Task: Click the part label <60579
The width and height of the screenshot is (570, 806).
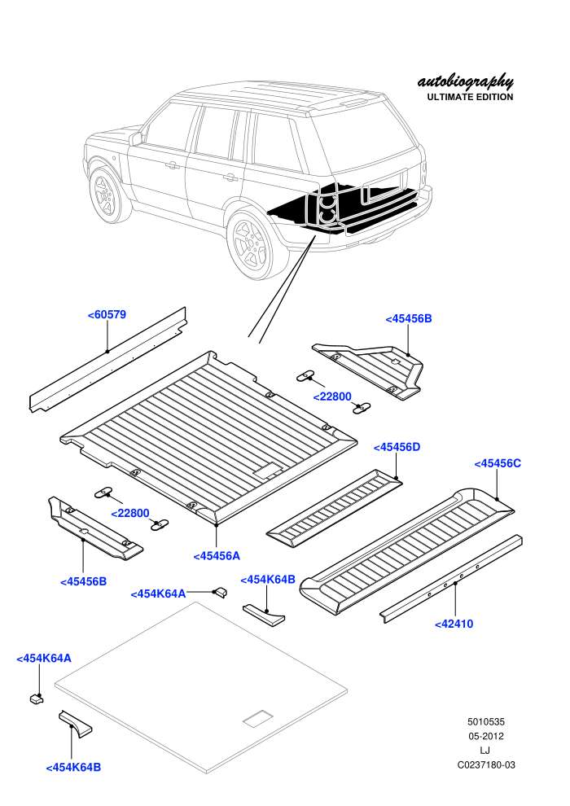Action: pos(107,314)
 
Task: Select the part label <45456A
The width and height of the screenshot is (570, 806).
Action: pos(217,556)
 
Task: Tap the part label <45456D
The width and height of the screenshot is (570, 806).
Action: pos(397,447)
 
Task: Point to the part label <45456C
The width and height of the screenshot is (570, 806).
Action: pos(498,464)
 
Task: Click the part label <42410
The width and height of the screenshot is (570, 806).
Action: pos(454,624)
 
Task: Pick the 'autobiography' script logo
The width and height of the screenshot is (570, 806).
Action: pos(465,81)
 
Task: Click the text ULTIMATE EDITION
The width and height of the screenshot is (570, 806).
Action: pos(470,97)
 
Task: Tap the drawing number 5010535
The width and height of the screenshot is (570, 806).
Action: pos(485,721)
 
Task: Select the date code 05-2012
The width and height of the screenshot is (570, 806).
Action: pos(485,736)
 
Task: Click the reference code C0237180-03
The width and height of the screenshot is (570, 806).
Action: pos(486,764)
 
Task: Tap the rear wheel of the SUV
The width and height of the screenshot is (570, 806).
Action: pos(251,245)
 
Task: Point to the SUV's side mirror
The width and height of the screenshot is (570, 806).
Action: pos(136,138)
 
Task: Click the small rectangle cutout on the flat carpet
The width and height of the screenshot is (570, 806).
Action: pos(258,718)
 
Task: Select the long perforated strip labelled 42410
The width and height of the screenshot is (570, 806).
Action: pos(451,578)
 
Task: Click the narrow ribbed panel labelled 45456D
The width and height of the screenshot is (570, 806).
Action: pos(334,508)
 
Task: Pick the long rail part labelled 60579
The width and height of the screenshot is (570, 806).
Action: pos(107,359)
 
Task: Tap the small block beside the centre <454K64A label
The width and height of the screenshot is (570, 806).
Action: pos(221,592)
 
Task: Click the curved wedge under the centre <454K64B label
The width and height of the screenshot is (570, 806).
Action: pos(264,615)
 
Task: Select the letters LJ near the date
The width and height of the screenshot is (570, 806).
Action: pos(484,751)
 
